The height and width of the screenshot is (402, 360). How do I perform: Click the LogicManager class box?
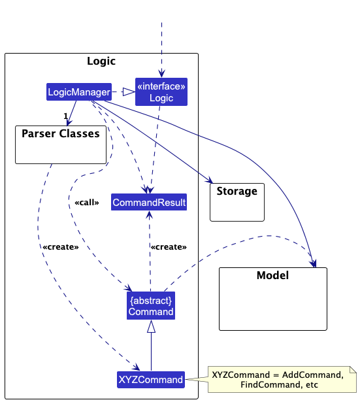79,92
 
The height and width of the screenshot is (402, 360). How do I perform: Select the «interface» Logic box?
161,92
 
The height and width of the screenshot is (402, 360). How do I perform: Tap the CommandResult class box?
149,202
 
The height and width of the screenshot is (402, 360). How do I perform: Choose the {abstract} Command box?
151,306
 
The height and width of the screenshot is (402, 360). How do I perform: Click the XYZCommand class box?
151,379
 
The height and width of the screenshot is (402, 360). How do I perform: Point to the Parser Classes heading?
61,133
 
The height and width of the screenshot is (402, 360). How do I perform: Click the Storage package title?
237,192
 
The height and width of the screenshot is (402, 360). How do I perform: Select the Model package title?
272,275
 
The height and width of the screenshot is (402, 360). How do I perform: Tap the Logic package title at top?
101,61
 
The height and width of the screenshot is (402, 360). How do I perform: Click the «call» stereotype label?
87,203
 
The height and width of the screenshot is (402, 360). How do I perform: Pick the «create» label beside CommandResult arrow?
169,247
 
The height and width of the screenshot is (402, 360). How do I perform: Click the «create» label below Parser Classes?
61,247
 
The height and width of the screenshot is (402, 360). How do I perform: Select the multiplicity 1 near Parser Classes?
66,116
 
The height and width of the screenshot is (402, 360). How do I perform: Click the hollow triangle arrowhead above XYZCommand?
151,326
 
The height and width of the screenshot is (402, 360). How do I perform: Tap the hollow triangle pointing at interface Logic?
129,92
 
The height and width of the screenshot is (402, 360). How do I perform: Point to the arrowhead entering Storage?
210,180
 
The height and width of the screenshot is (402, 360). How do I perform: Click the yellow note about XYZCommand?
282,379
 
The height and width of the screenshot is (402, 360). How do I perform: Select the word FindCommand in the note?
266,384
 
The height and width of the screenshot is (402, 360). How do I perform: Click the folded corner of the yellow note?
353,370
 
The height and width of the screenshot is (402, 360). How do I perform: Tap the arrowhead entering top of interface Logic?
161,74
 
